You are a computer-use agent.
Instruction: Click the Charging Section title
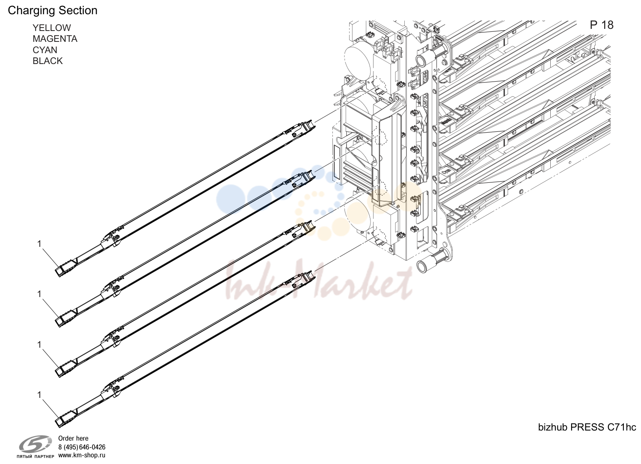tap(53, 11)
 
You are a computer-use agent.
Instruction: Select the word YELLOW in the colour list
tap(52, 28)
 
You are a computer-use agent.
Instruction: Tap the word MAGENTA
tap(55, 38)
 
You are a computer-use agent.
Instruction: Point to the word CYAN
tap(45, 50)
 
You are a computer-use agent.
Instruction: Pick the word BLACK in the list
tap(48, 61)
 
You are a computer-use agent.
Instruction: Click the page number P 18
tap(602, 25)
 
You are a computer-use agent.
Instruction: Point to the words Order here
tap(73, 438)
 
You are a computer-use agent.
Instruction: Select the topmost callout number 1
tap(39, 244)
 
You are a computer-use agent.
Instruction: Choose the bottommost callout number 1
tap(39, 395)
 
